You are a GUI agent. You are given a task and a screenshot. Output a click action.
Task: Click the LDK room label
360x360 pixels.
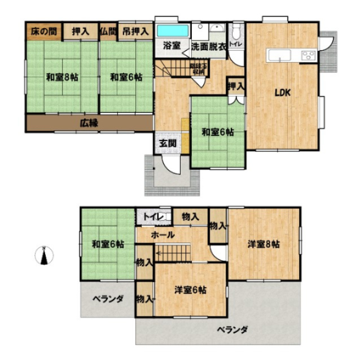(x=282, y=94)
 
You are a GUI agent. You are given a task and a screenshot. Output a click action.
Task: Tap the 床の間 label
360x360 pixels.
(x=42, y=30)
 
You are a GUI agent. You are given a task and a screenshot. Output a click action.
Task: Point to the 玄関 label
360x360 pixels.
(x=168, y=143)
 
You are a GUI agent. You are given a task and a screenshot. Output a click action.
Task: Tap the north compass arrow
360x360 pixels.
(x=43, y=257)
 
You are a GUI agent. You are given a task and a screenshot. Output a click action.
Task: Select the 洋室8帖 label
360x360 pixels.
(x=264, y=244)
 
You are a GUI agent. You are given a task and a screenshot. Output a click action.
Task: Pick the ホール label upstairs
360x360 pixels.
(x=163, y=234)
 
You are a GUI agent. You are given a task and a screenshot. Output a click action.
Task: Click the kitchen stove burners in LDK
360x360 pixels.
(x=308, y=55)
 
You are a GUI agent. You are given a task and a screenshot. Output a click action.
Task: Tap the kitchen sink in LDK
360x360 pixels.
(x=279, y=55)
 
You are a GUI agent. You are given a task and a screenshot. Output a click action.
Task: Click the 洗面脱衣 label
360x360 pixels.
(x=209, y=47)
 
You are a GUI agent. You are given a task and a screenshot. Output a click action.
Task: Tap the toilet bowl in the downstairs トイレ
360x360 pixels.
(x=236, y=29)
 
